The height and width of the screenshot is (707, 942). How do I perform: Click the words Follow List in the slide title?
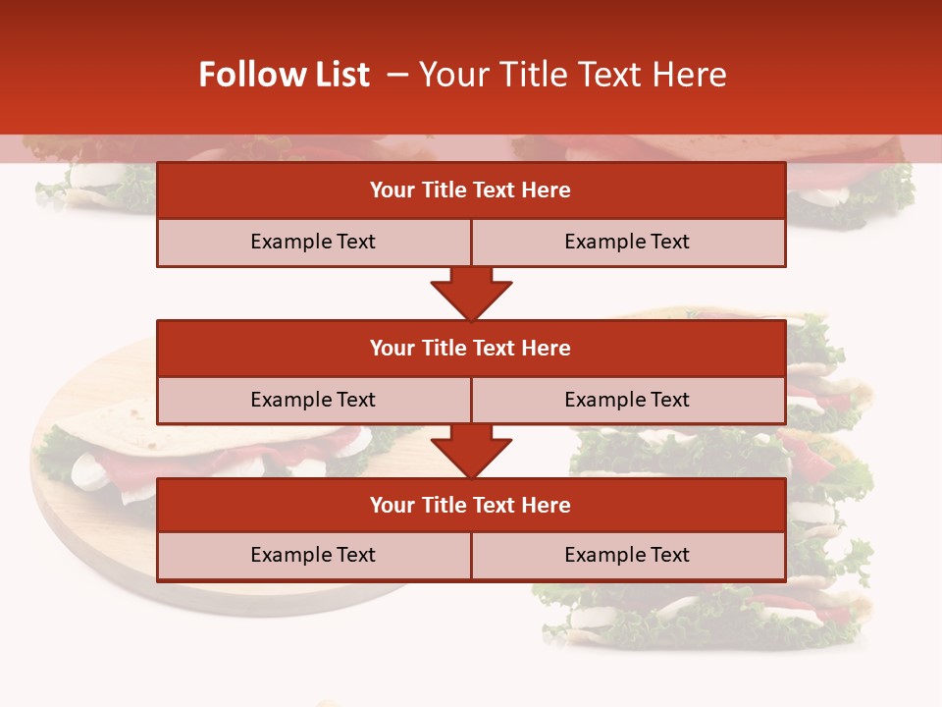point(284,75)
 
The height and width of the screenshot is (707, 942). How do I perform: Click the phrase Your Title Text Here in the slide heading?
point(573,75)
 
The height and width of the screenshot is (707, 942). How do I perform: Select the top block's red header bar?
point(471,190)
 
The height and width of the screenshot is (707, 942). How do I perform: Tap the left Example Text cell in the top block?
point(313,242)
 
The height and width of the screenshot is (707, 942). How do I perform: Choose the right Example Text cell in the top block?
point(627,242)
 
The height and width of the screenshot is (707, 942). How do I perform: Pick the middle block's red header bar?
point(471,348)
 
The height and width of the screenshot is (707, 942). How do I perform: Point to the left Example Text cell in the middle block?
point(313,400)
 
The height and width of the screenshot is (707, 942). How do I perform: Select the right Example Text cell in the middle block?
point(627,400)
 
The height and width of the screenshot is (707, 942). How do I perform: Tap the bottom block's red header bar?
point(471,505)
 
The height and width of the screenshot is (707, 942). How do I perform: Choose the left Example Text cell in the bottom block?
point(313,555)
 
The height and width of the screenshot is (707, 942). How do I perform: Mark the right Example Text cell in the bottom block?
point(627,555)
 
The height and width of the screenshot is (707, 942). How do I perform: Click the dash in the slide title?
point(397,75)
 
